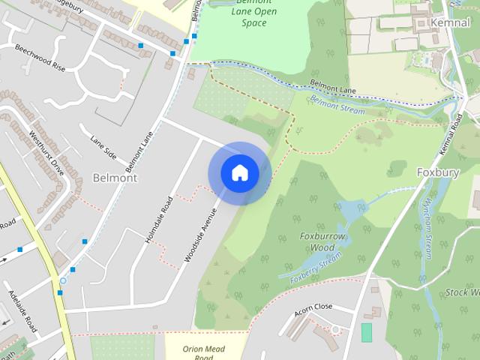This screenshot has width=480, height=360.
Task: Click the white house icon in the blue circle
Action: (x=239, y=172)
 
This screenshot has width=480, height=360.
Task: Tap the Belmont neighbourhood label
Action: (x=115, y=178)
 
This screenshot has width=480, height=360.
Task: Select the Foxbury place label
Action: (x=437, y=172)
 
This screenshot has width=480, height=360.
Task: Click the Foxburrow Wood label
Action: (x=317, y=241)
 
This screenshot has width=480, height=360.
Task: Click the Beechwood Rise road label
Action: (x=40, y=57)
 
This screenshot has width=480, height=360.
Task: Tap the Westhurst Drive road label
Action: (x=46, y=153)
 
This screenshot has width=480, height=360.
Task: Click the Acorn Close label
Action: (x=313, y=307)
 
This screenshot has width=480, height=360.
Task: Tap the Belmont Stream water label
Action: (x=337, y=105)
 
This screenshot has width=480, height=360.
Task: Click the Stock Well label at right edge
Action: (x=462, y=292)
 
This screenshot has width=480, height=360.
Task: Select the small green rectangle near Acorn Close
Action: (x=366, y=332)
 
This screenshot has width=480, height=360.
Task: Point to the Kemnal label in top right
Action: (x=450, y=23)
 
